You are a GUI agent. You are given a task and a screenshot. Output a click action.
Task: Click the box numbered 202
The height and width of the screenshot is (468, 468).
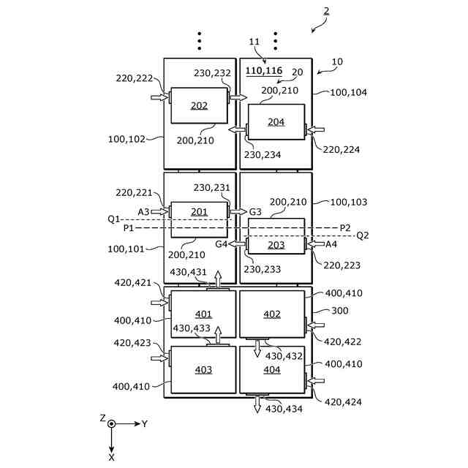click(x=199, y=105)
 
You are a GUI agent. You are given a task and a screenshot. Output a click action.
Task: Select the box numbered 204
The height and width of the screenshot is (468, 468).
click(x=276, y=122)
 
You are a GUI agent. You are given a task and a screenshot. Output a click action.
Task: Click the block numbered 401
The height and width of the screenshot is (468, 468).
click(x=203, y=315)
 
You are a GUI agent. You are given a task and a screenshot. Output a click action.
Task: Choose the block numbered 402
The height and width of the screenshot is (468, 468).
click(x=272, y=314)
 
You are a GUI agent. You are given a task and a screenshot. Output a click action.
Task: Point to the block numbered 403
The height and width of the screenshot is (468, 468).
click(x=203, y=370)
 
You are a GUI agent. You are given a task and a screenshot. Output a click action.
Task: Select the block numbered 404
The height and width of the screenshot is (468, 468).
click(x=272, y=370)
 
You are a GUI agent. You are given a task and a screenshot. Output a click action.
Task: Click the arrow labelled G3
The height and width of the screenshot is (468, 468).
click(x=238, y=212)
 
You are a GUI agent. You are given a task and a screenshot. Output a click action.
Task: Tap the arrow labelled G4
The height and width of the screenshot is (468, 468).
click(x=237, y=244)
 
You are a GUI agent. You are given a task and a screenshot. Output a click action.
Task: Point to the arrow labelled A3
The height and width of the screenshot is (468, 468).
click(x=159, y=212)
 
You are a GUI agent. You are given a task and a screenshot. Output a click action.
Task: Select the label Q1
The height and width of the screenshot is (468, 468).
click(x=113, y=219)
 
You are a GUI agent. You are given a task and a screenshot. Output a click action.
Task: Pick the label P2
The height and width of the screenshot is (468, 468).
click(x=345, y=227)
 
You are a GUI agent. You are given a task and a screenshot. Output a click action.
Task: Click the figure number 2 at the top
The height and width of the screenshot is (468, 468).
click(x=326, y=11)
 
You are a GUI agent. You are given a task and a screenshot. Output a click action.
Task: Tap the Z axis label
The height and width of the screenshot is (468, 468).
click(x=102, y=418)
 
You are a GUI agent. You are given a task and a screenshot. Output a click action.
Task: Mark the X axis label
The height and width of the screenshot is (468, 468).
click(x=111, y=457)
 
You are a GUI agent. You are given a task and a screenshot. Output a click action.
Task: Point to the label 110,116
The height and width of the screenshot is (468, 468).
click(x=264, y=71)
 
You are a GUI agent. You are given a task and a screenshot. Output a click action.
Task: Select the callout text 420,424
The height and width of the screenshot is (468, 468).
click(x=342, y=401)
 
